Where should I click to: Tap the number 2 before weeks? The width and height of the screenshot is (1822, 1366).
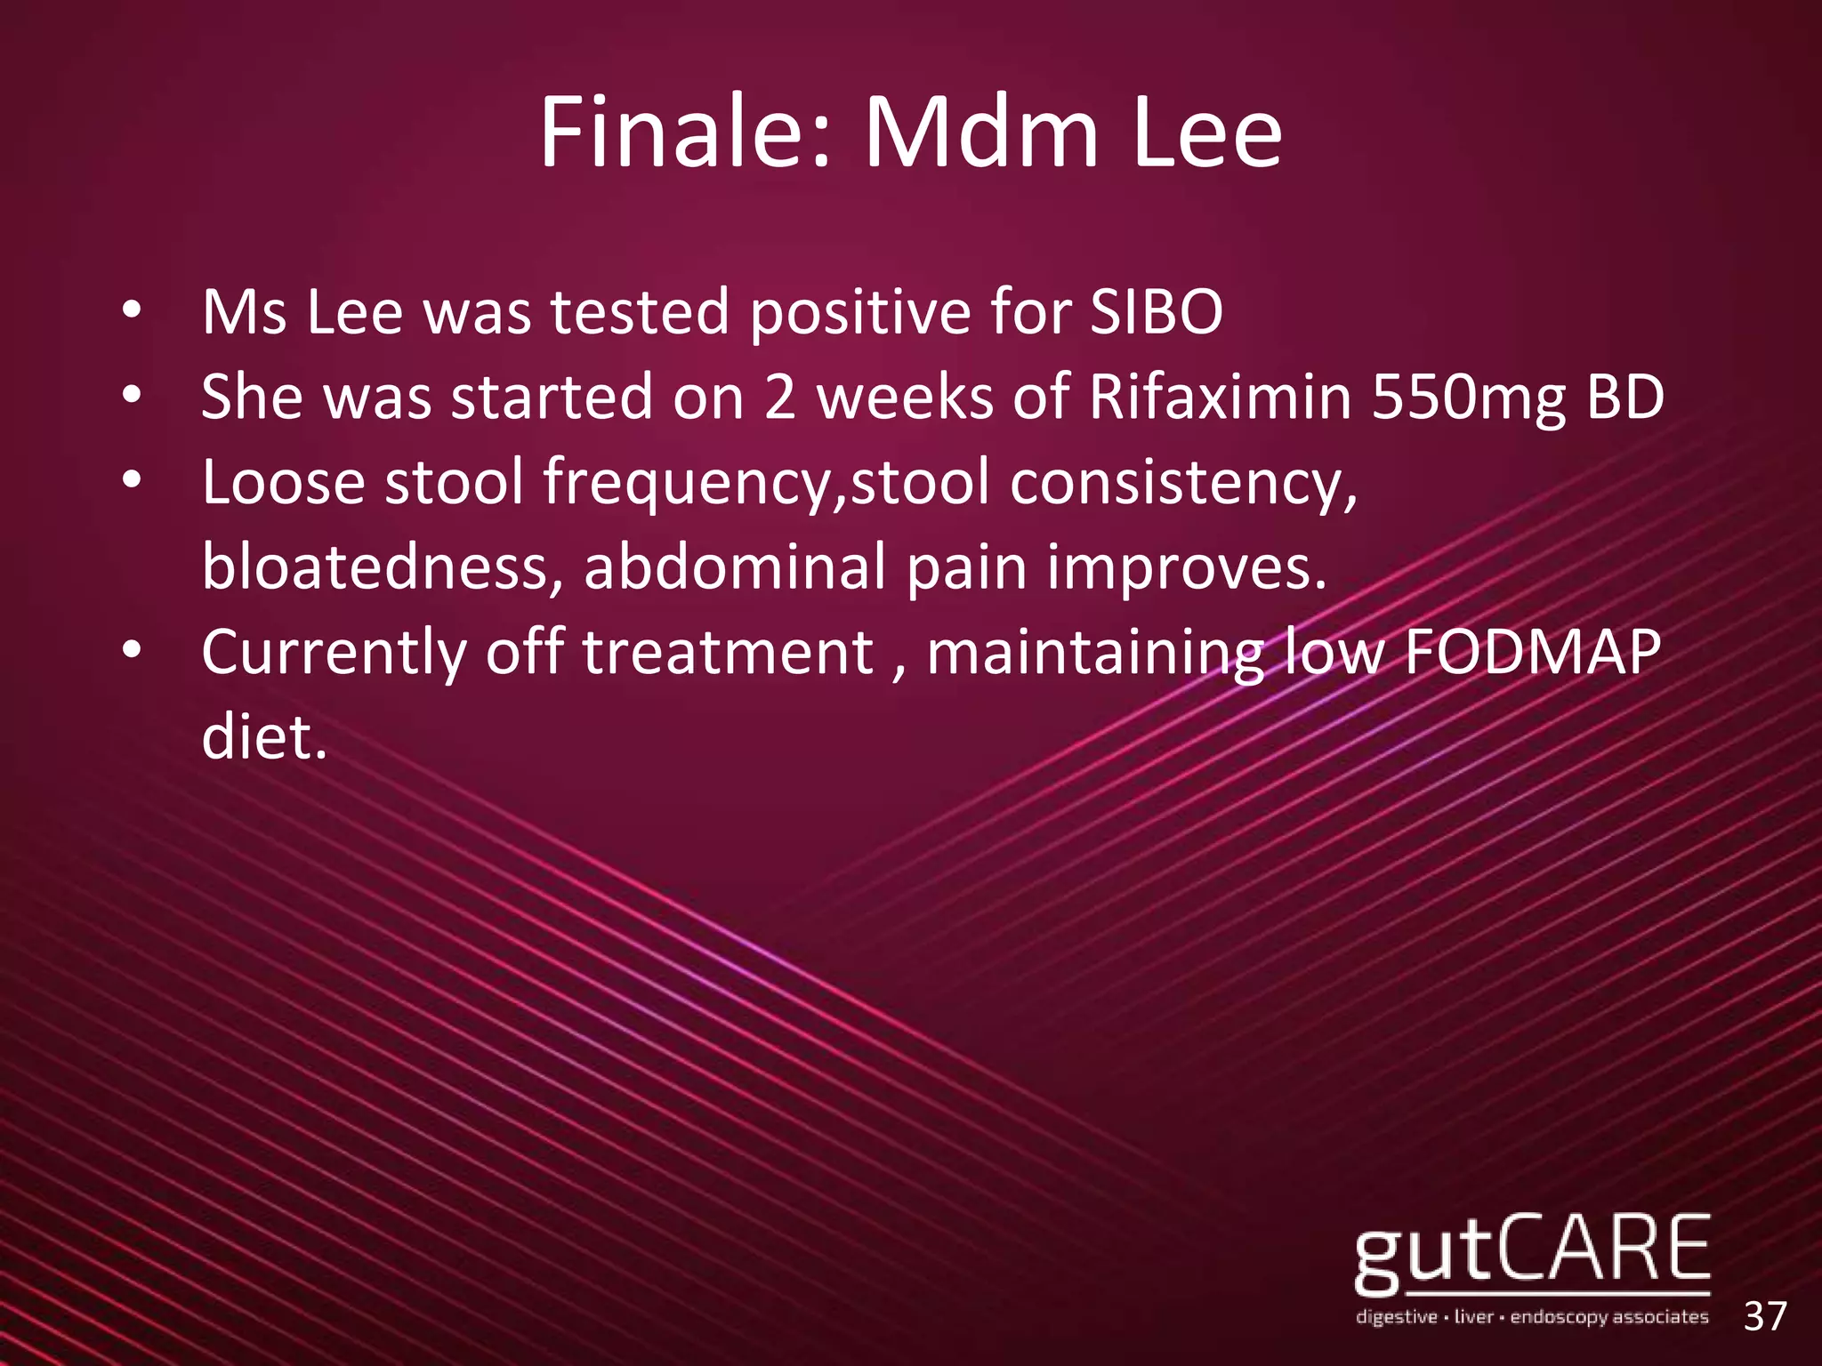[779, 397]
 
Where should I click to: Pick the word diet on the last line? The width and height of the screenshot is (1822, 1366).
[263, 737]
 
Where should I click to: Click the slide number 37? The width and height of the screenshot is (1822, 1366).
[1765, 1316]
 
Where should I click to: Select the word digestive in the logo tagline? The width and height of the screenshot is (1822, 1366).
[1396, 1317]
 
